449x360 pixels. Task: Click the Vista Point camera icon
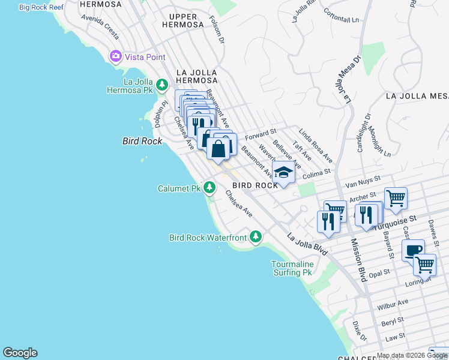(115, 56)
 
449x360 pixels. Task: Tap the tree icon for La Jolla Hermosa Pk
(161, 85)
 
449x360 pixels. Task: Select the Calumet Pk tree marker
(209, 188)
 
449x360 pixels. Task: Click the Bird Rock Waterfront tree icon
(256, 237)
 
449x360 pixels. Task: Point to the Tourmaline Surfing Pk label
(292, 268)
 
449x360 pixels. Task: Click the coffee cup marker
(412, 250)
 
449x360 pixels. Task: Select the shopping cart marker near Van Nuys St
(396, 197)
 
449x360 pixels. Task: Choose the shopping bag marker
(218, 148)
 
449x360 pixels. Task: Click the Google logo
(20, 353)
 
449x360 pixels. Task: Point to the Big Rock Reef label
(41, 7)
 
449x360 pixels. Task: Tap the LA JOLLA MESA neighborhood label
(417, 96)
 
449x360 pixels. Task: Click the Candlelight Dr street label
(364, 131)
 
